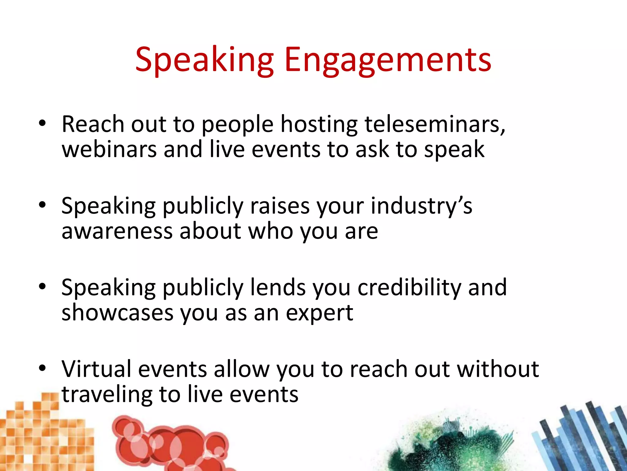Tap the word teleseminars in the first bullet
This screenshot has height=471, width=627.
[435, 124]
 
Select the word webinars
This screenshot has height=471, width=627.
[109, 149]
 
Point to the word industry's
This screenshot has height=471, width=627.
[421, 206]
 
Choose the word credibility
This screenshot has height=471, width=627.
[409, 288]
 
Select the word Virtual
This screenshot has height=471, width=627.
[96, 369]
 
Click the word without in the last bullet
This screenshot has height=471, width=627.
[498, 369]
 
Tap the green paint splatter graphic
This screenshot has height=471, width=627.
[450, 445]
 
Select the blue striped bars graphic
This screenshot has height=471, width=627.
[582, 438]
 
